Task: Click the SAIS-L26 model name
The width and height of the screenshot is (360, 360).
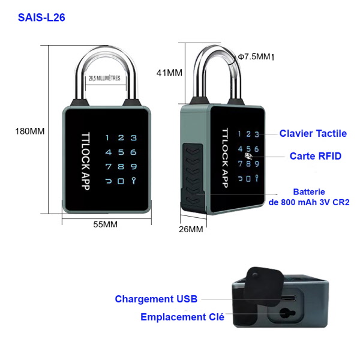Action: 41,17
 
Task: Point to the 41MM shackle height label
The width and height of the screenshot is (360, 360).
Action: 169,73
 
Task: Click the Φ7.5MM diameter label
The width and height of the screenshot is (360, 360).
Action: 255,56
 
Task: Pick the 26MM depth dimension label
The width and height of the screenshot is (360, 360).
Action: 191,229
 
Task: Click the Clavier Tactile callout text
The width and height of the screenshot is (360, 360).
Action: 313,133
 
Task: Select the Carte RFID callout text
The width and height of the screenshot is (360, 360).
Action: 315,156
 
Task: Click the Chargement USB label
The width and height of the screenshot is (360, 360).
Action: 155,299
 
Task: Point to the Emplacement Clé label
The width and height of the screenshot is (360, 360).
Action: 182,317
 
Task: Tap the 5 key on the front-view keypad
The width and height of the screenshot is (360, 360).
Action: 121,152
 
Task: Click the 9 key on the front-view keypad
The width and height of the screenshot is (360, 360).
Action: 133,166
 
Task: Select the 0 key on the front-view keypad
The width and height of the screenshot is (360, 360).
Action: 121,181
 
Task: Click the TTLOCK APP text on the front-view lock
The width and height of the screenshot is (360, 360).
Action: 85,161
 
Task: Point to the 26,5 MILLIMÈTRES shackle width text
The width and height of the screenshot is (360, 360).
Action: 104,79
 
